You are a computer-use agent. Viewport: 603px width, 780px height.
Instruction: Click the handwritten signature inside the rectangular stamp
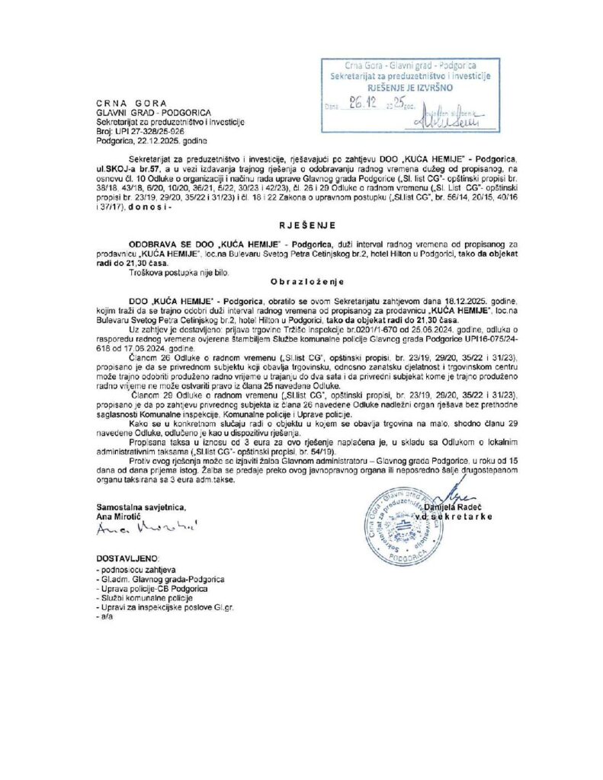click(x=448, y=118)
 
